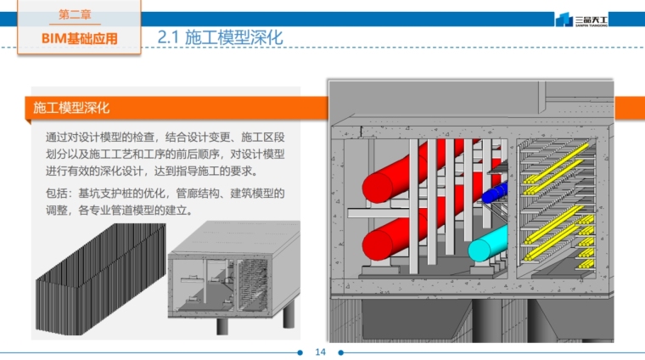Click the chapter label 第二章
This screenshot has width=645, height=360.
coord(79,15)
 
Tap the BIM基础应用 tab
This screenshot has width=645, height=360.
coord(79,38)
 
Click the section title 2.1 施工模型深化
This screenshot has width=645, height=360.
coord(220,37)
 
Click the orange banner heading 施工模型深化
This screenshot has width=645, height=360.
coord(71,109)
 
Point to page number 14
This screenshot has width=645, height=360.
coord(321,352)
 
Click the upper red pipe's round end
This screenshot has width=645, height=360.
coord(376,186)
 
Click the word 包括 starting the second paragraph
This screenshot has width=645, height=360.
coord(58,193)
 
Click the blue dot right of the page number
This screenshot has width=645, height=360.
coord(342,352)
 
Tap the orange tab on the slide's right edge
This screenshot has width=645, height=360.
coord(629,109)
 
